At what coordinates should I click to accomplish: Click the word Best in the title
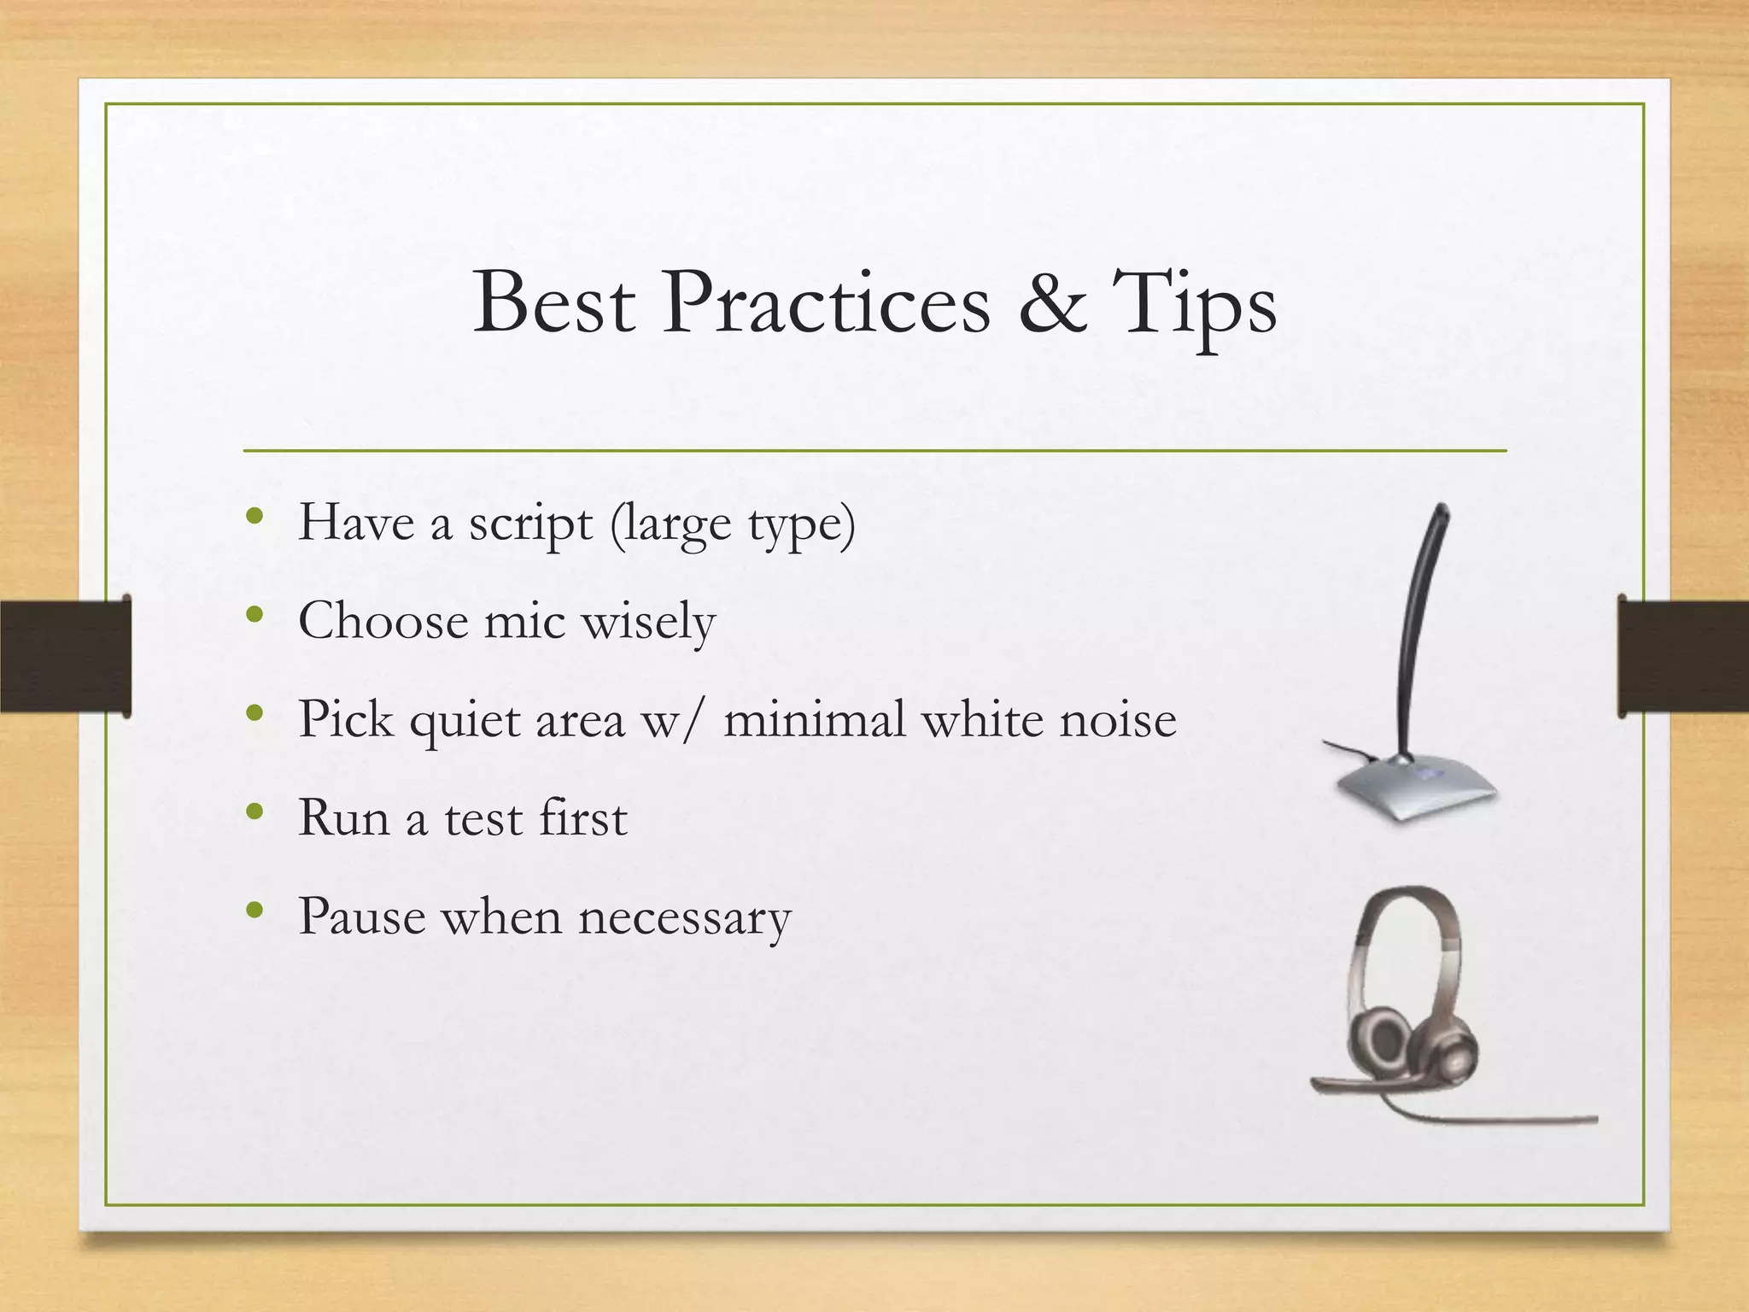pyautogui.click(x=553, y=303)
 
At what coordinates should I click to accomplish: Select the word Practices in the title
pyautogui.click(x=826, y=303)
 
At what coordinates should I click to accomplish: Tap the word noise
pyautogui.click(x=1118, y=719)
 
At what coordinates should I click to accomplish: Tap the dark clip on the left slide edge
pyautogui.click(x=65, y=656)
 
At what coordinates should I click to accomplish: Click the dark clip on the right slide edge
pyautogui.click(x=1682, y=656)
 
